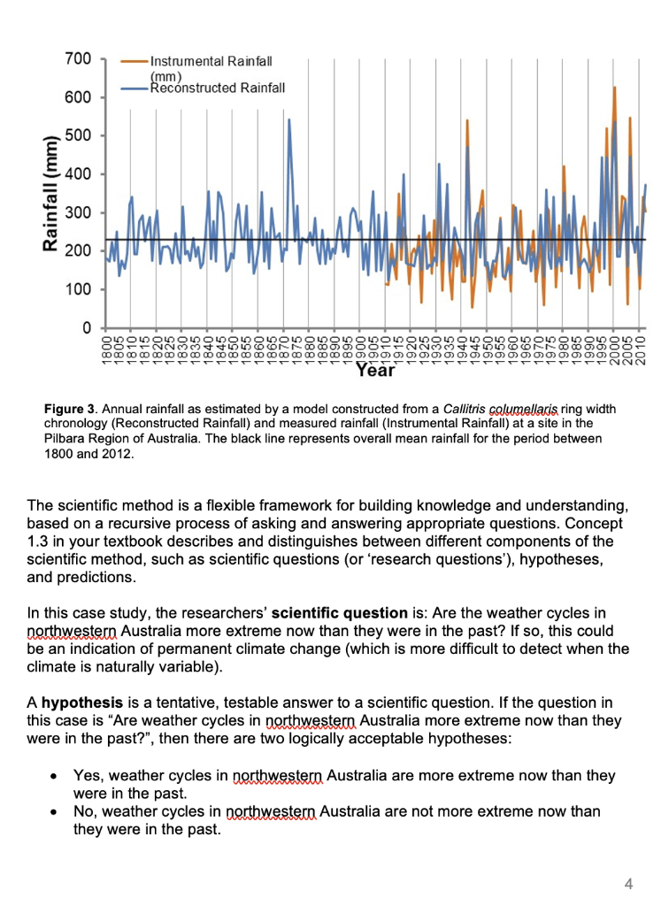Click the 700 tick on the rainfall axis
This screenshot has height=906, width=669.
[78, 59]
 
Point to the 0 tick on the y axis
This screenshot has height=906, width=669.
[86, 328]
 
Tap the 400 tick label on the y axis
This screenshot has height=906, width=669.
[78, 174]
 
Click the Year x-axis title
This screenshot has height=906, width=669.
[375, 372]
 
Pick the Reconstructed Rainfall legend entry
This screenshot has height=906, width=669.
[217, 87]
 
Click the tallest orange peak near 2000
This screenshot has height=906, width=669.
[614, 88]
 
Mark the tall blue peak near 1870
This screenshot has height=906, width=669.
[289, 120]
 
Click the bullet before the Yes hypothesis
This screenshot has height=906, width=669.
[55, 776]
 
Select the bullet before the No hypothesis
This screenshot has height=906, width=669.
[55, 812]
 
